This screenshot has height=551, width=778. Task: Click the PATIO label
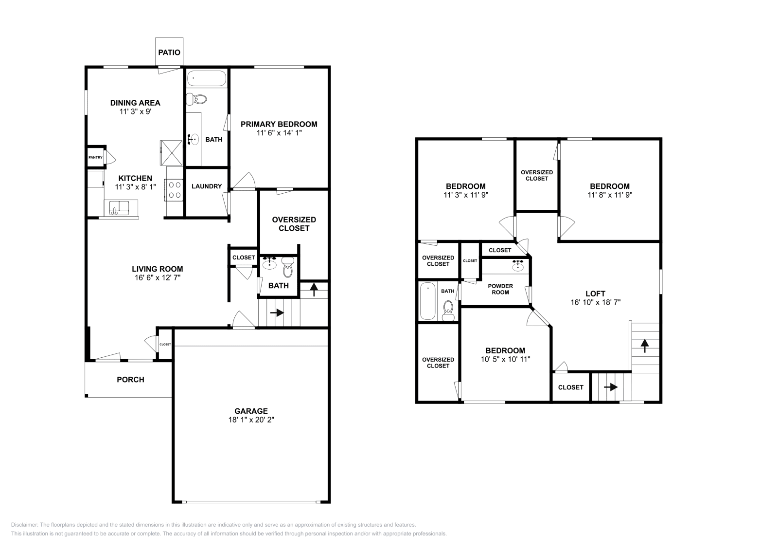point(169,53)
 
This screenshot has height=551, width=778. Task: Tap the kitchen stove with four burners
point(175,190)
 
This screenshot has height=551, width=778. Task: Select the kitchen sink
point(117,208)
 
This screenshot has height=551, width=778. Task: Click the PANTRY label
point(95,158)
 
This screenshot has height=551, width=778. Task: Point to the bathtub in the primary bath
point(207,78)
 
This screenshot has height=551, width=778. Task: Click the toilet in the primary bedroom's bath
point(198,99)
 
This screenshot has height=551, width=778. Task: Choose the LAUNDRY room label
point(207,186)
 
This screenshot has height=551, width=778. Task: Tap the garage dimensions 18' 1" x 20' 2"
point(251,420)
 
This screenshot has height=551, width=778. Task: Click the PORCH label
point(130,380)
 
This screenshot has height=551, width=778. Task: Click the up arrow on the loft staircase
point(645,346)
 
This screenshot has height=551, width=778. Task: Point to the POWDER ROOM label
point(500,289)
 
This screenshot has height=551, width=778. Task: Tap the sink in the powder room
point(518,265)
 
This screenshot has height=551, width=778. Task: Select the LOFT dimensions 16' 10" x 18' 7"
point(595,302)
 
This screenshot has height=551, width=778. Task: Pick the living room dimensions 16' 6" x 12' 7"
point(158,278)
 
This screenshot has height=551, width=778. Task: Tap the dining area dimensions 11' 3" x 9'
point(135,111)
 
